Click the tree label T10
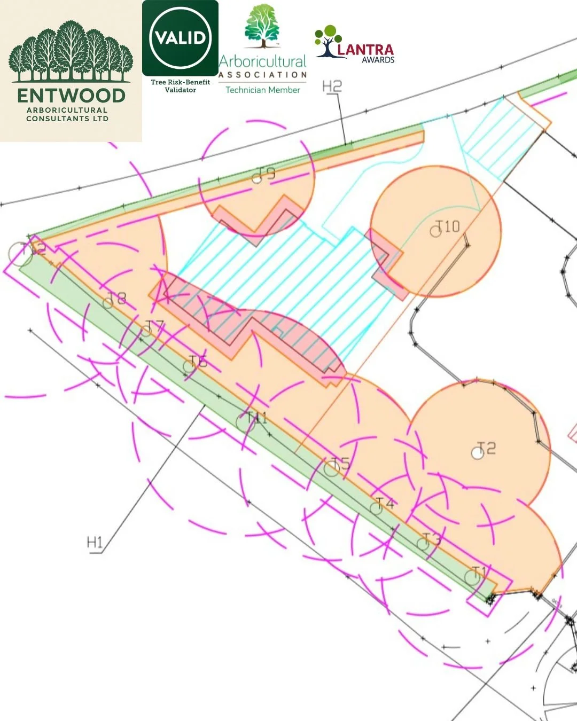(x=448, y=226)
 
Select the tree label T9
(x=267, y=173)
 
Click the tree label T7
(x=155, y=326)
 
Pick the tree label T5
(x=341, y=464)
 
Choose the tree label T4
(x=385, y=503)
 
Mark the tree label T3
(x=432, y=538)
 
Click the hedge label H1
(x=95, y=543)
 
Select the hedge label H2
(x=332, y=86)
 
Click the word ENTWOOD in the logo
(x=71, y=96)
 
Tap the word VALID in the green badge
(x=180, y=38)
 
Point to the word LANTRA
(x=365, y=50)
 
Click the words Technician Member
(x=262, y=90)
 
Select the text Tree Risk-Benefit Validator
(x=180, y=86)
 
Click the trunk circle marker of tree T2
(x=477, y=453)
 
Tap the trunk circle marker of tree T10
(x=435, y=232)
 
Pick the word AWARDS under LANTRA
(x=378, y=60)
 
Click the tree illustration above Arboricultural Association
(x=262, y=26)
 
